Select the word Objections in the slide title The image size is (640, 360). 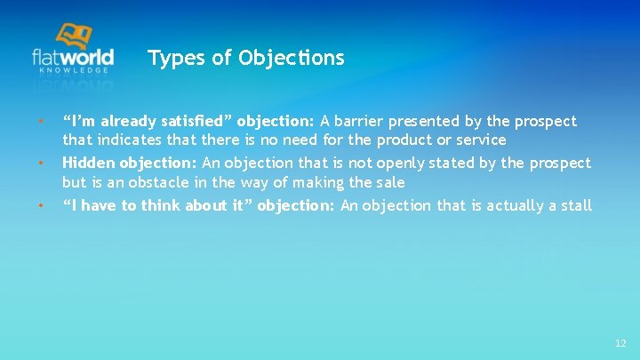(292, 59)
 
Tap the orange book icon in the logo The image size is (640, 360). (74, 36)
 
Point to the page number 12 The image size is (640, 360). (620, 343)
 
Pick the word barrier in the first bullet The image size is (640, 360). (363, 121)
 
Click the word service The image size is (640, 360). (478, 140)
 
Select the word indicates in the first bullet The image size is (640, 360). (125, 140)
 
